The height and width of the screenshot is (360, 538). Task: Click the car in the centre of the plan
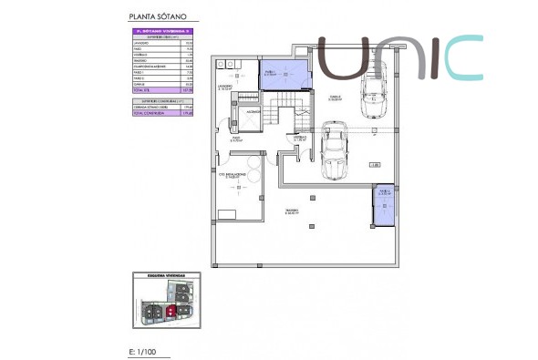(334, 151)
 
